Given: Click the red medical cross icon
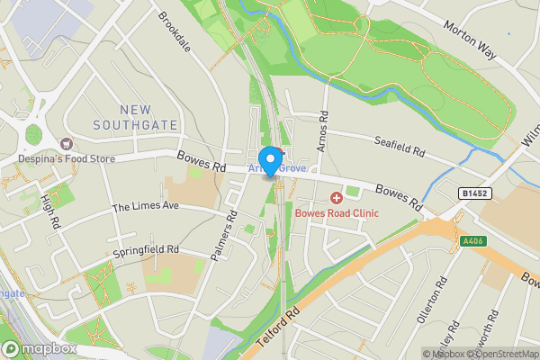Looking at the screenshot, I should click(x=337, y=197).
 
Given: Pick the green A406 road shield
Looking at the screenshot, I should click(x=472, y=241).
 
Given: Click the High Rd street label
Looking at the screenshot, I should click(x=49, y=209).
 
